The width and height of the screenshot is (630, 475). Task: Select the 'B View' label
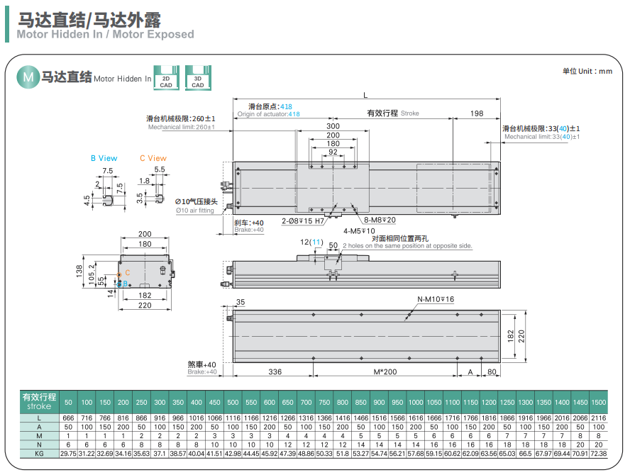[104, 158]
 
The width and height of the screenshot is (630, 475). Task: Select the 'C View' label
[153, 158]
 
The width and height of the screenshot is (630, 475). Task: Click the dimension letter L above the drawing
[365, 95]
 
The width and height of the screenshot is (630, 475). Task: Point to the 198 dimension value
[476, 113]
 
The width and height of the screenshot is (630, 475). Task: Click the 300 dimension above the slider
[332, 126]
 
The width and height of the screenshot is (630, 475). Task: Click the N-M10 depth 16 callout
[435, 299]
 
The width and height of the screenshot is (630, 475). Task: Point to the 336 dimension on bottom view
[275, 371]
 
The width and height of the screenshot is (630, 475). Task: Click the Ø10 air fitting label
[196, 206]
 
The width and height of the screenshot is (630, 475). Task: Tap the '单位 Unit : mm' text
[587, 71]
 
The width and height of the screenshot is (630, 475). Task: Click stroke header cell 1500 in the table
[598, 402]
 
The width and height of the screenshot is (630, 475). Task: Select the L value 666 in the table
[68, 418]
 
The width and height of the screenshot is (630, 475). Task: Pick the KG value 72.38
[598, 452]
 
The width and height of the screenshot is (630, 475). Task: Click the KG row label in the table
[39, 452]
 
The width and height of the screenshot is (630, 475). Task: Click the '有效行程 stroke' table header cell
[39, 402]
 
